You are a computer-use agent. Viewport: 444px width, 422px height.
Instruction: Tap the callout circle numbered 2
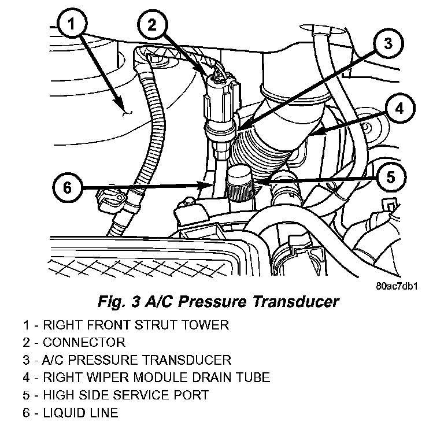[x=151, y=25]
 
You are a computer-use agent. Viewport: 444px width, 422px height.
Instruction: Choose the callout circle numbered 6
[x=68, y=187]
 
